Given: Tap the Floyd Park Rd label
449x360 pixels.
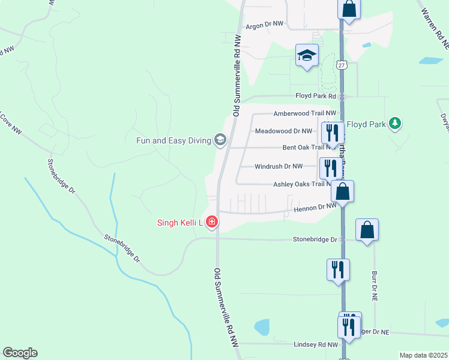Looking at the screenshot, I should [x=317, y=96].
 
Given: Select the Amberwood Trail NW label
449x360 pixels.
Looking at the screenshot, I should [x=306, y=113].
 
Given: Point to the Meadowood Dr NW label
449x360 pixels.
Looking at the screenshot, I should [x=283, y=131].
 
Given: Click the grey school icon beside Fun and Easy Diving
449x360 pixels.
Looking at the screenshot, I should [x=220, y=141].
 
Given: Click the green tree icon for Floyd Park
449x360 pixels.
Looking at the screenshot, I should [x=394, y=124].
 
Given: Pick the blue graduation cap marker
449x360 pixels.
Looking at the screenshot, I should [x=307, y=56].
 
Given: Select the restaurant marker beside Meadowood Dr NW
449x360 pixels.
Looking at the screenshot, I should [x=331, y=132].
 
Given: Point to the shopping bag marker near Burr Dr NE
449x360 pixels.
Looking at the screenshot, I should [x=367, y=230].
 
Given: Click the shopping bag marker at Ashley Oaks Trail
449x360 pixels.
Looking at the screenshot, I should [x=342, y=191].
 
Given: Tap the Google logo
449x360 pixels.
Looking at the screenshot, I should [x=20, y=353].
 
